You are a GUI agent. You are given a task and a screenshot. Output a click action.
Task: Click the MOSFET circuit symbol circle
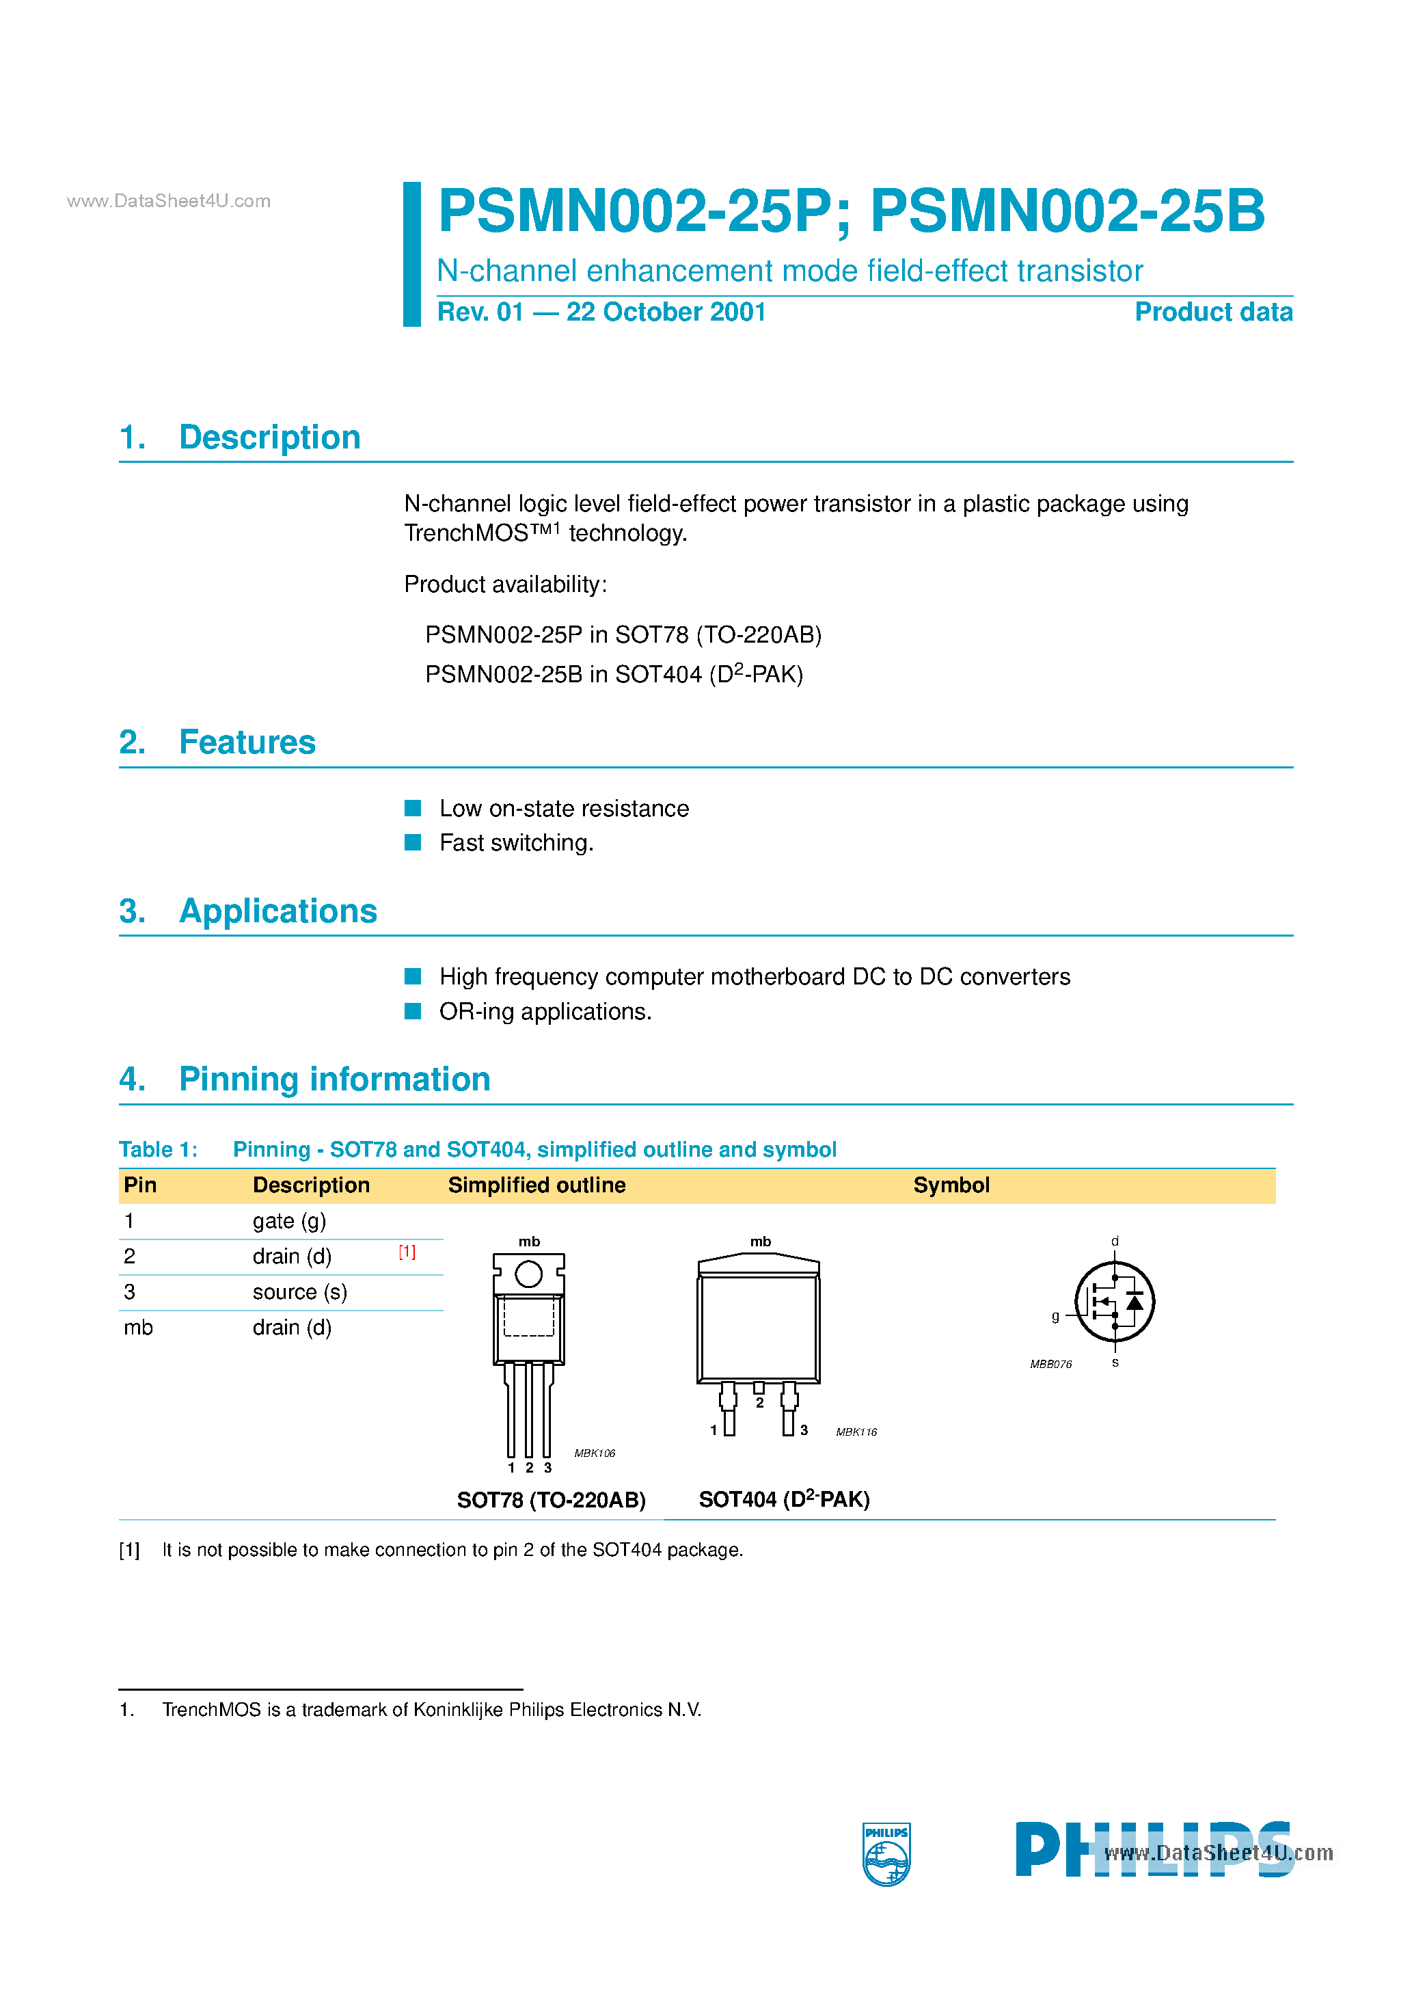click(1114, 1302)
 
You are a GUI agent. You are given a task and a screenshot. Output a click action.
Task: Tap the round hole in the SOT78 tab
click(528, 1274)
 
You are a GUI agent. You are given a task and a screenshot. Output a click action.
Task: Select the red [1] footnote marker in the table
click(407, 1251)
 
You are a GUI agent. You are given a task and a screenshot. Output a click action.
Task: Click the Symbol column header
click(951, 1185)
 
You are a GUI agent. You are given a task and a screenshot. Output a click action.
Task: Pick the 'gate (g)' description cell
click(289, 1220)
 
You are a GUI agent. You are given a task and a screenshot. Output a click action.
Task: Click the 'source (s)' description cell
click(299, 1292)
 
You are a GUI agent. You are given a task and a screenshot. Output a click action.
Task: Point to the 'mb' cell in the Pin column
click(137, 1328)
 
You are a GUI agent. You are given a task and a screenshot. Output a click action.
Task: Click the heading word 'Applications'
click(277, 911)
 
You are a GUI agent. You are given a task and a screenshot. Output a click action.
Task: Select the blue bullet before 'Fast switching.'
click(413, 842)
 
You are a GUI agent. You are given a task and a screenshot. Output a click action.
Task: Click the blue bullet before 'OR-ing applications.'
click(413, 1011)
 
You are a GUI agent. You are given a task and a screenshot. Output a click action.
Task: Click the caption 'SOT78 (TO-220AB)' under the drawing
click(551, 1499)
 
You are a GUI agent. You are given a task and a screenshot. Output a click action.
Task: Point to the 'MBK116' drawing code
click(856, 1432)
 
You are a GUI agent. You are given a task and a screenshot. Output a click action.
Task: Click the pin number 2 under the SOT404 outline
click(759, 1404)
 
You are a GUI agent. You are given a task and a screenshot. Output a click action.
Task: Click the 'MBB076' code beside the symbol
click(1050, 1365)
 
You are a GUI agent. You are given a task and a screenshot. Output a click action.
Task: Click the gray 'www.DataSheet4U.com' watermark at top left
click(169, 201)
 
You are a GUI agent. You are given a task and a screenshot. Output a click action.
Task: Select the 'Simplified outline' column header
click(537, 1185)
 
